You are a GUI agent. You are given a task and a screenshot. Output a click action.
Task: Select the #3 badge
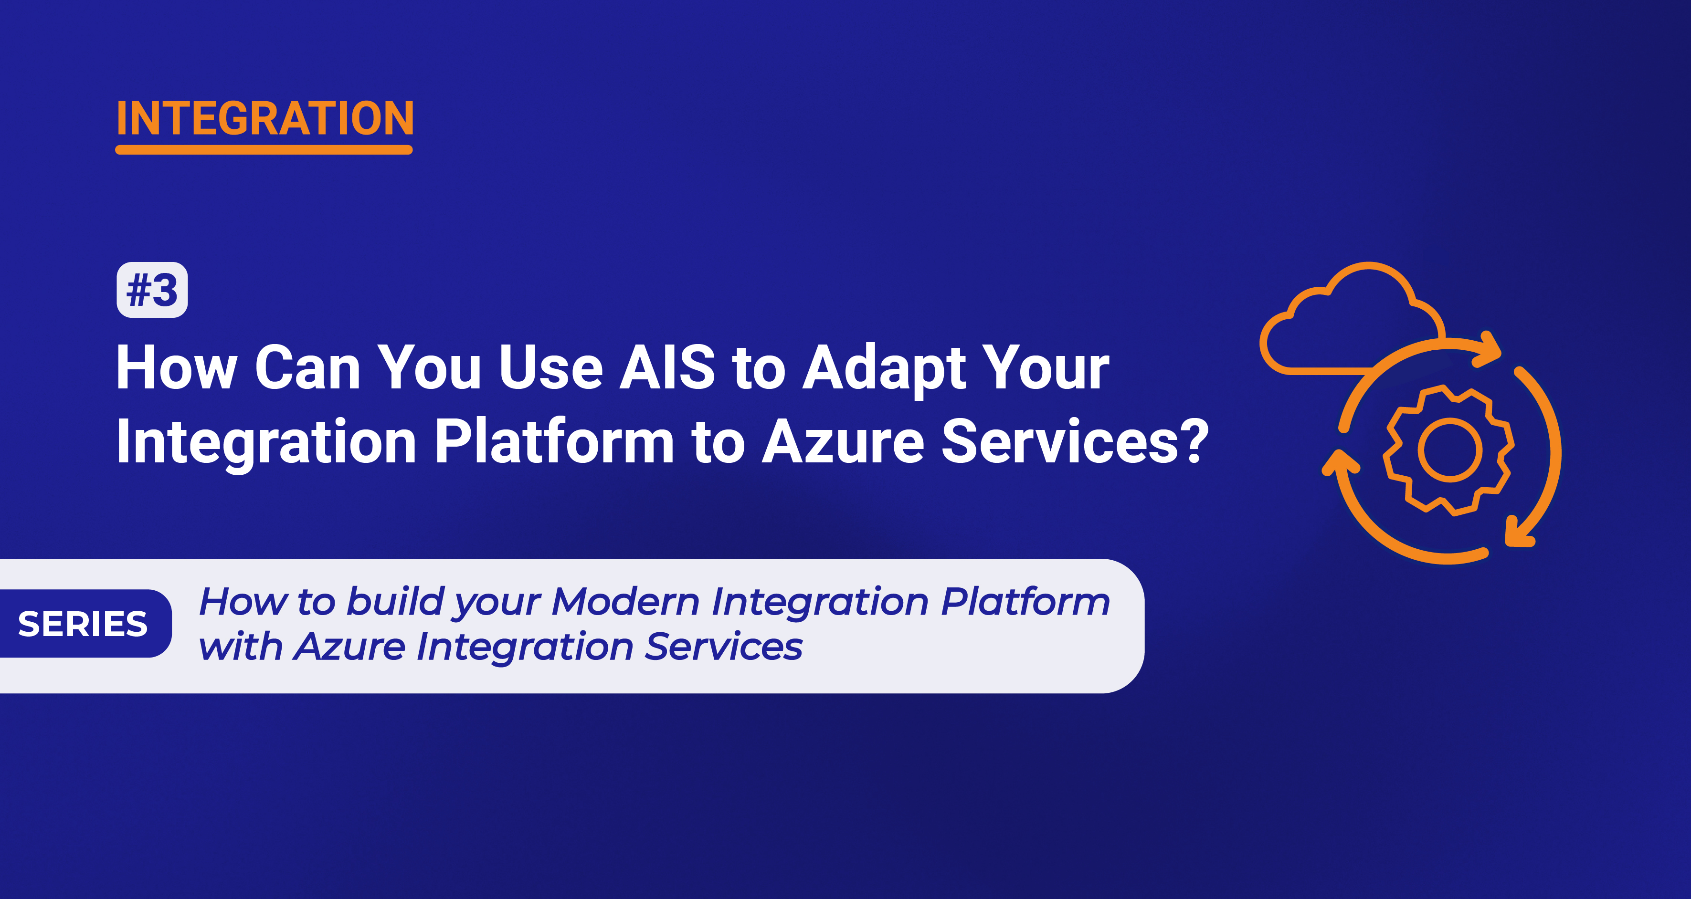click(152, 290)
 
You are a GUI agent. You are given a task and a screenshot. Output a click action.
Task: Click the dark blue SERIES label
click(84, 623)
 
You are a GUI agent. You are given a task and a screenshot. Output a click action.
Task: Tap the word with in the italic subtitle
click(240, 647)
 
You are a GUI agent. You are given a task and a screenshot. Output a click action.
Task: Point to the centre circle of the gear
click(1449, 450)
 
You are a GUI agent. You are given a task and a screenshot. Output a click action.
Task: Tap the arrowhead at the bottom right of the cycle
click(1518, 533)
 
